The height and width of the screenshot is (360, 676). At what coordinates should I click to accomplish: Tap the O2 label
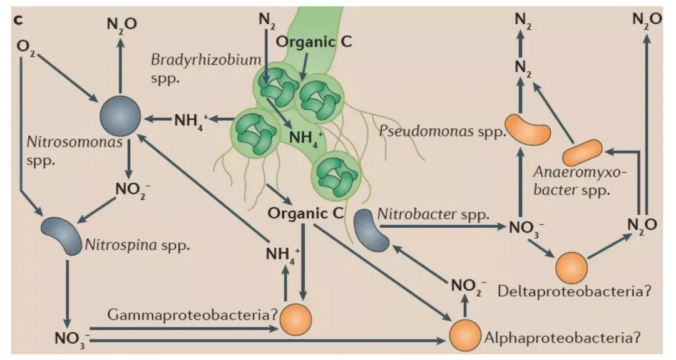[27, 48]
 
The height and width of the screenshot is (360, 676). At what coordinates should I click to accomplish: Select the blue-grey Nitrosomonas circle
[120, 116]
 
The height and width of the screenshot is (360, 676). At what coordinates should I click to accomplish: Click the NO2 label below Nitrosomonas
[132, 188]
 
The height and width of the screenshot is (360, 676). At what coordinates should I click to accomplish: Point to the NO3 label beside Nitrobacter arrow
[518, 226]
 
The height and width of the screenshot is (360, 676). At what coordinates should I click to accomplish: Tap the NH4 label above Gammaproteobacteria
[280, 254]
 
